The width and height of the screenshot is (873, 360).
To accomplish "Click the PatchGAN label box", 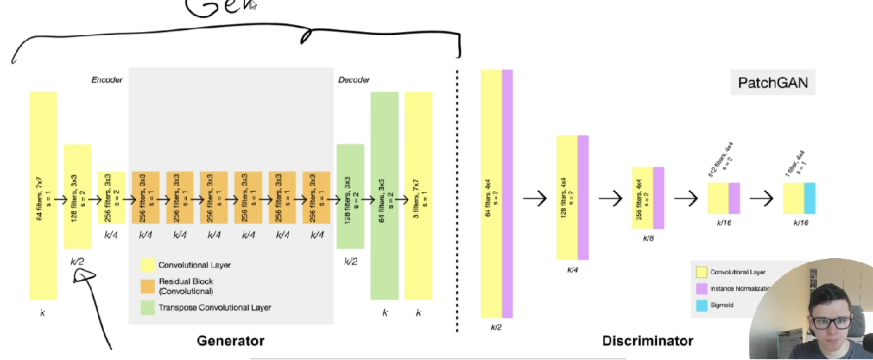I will point(773,83).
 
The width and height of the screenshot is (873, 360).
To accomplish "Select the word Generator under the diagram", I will point(231,340).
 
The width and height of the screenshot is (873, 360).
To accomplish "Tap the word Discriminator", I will point(647,340).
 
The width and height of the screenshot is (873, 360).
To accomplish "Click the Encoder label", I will point(107,79).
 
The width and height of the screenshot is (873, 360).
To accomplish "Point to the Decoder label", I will point(354,79).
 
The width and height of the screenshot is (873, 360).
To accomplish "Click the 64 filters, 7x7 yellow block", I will point(43,195).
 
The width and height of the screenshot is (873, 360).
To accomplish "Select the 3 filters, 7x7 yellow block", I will point(418,195).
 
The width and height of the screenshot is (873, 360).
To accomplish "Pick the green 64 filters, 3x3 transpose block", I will point(385,195).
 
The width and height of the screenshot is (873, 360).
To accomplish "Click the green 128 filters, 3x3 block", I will point(350,195).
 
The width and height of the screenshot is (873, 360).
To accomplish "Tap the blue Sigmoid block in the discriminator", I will point(810,198).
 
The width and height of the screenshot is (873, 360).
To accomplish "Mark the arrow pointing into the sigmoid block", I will point(762,198).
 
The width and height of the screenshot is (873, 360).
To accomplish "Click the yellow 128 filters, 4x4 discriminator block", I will point(567,198).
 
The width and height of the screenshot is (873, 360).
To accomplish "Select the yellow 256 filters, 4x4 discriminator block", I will point(642,198).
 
